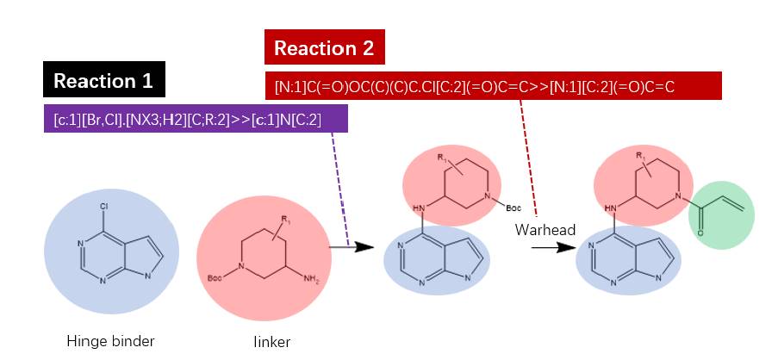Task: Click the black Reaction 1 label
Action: coord(103,81)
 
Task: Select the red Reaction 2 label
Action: coord(324,48)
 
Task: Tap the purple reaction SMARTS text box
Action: coord(196,120)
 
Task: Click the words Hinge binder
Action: coord(110,341)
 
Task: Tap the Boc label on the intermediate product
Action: coord(513,208)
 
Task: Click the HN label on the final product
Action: coord(611,208)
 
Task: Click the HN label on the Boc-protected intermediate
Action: coord(420,208)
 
